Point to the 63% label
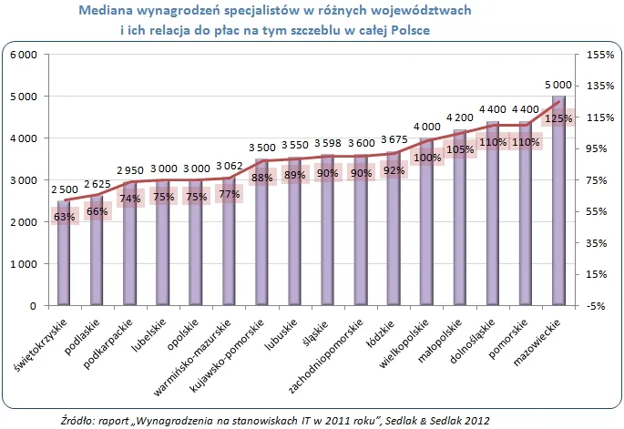[64, 217]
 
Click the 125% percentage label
[558, 118]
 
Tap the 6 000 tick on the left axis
[22, 55]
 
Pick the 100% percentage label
[426, 158]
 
